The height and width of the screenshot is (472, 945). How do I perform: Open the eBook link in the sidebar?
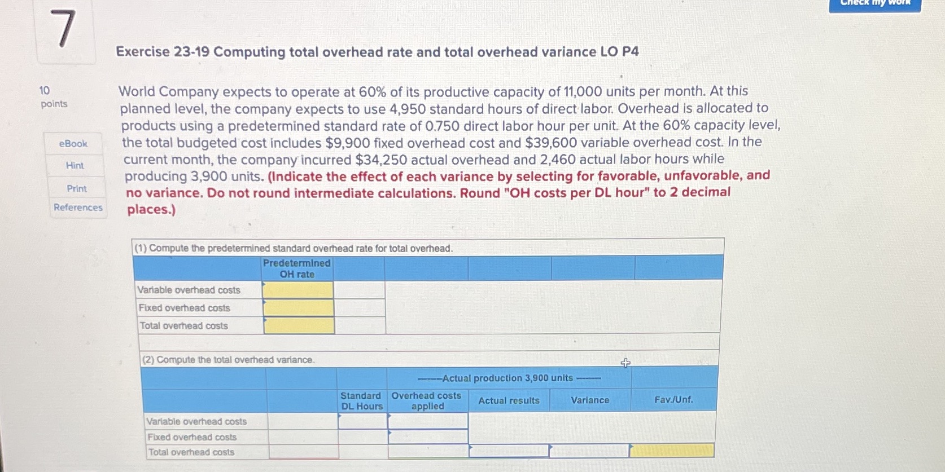[73, 144]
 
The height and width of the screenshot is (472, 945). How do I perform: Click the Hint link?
[75, 165]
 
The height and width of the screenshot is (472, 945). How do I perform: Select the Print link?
[77, 188]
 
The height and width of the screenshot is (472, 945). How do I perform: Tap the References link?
[78, 207]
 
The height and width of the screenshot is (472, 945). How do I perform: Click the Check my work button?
[874, 4]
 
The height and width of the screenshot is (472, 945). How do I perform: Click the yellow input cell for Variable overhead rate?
[298, 290]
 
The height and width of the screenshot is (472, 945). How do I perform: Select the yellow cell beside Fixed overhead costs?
[299, 308]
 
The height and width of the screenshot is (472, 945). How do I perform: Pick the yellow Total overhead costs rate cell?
[299, 326]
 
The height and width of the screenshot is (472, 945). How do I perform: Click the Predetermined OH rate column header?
[297, 268]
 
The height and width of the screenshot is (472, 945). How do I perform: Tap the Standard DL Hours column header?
[361, 401]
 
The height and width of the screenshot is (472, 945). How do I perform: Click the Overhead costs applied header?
[427, 401]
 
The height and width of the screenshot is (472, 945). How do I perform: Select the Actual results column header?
[509, 400]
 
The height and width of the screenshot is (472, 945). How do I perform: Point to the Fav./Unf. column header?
[673, 400]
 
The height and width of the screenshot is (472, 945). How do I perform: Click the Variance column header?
[590, 400]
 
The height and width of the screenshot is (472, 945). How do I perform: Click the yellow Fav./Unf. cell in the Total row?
[671, 450]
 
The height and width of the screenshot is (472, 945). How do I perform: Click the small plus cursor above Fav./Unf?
[625, 363]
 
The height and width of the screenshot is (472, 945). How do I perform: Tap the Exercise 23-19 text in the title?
[163, 52]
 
